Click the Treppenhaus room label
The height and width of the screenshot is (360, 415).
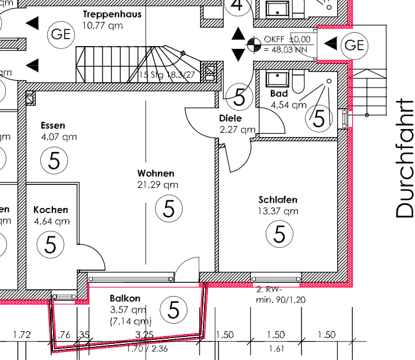tap(112, 14)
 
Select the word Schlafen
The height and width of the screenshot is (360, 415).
tap(278, 200)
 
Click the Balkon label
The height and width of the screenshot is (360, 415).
tap(124, 298)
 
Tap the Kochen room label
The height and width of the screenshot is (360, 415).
tap(51, 210)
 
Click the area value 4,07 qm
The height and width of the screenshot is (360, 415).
tap(59, 137)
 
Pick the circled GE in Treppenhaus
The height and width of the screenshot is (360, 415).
tap(61, 33)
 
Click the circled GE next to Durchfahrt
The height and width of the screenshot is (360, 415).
tap(354, 44)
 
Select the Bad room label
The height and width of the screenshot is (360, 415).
tap(279, 93)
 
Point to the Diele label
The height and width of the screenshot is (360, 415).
tap(231, 118)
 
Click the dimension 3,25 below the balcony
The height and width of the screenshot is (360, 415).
tap(144, 335)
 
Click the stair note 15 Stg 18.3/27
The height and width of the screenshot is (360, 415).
tap(167, 75)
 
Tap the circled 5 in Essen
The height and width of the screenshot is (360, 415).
tap(54, 160)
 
